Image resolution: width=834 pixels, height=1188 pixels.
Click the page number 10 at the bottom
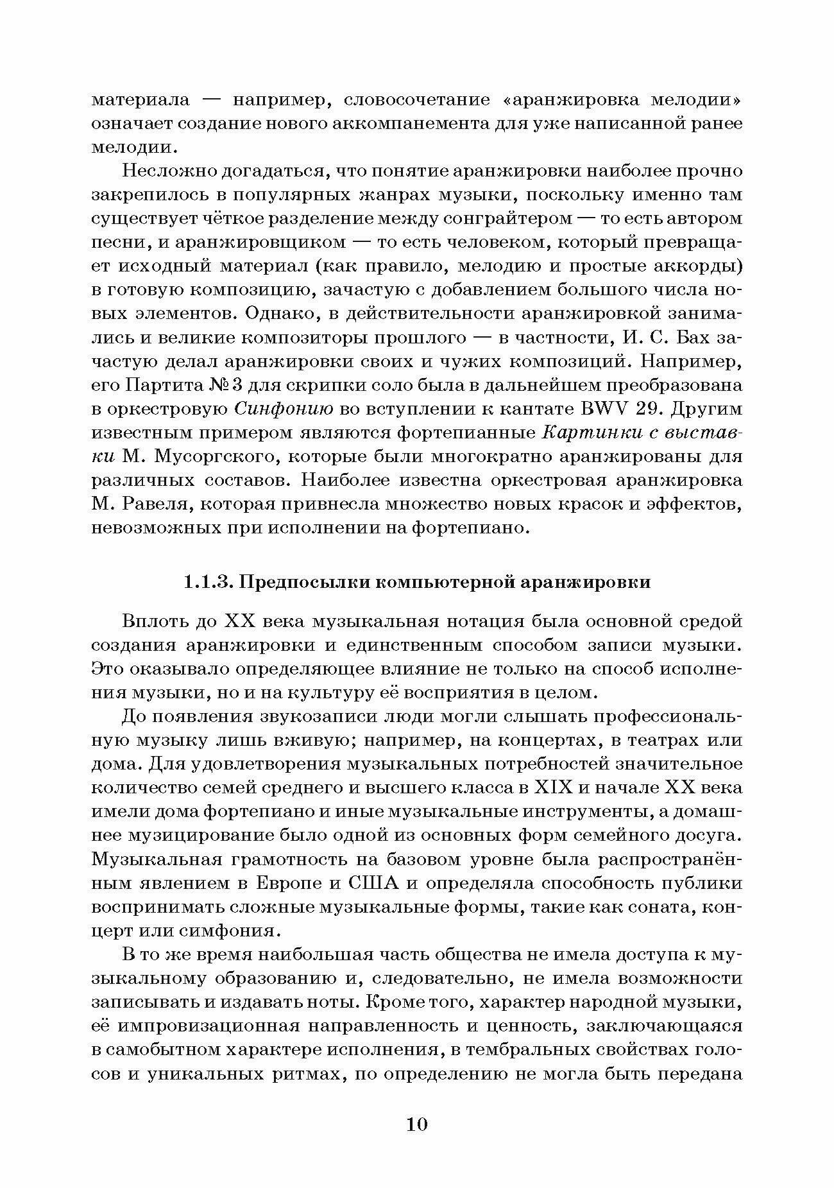pos(416,1124)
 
